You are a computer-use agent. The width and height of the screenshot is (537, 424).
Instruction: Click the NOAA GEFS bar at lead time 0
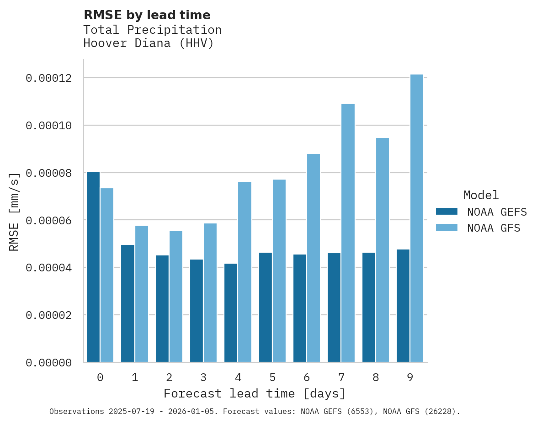(93, 267)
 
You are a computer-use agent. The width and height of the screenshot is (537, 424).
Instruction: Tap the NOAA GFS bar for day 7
(348, 233)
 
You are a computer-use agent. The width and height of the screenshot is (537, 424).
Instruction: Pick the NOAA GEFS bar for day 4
(231, 313)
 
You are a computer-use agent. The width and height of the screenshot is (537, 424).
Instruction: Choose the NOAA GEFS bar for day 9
(403, 306)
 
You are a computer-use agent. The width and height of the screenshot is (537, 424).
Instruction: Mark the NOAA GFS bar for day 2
(176, 297)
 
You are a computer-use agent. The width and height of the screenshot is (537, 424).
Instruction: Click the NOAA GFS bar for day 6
(314, 258)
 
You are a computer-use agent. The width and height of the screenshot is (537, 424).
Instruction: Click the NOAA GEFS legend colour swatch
(447, 211)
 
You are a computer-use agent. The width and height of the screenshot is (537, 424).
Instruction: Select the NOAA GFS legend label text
(494, 228)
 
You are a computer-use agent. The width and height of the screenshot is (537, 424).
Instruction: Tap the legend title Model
(481, 195)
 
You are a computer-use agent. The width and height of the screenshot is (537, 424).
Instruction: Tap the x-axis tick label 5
(272, 377)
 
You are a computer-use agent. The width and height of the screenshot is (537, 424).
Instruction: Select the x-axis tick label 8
(376, 377)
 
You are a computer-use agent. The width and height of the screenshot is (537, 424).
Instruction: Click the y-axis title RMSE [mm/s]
(15, 212)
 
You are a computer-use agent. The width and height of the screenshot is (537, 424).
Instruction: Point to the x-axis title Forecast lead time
(255, 393)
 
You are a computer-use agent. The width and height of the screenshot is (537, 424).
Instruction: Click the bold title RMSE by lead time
(147, 15)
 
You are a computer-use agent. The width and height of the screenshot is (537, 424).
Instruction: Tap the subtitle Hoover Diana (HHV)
(149, 43)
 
